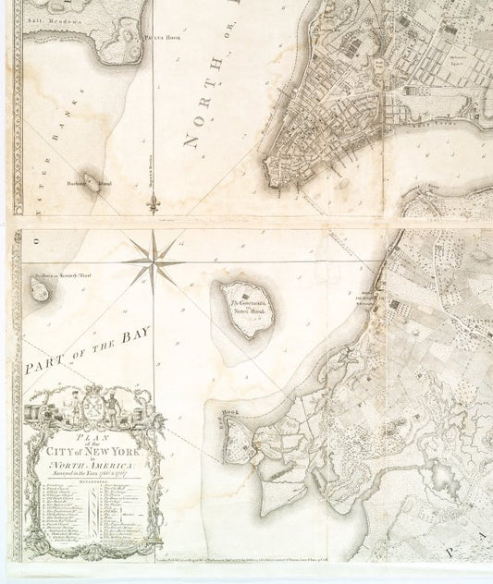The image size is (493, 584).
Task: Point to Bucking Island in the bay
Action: point(92,180)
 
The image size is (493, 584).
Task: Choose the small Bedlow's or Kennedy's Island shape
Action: point(40,290)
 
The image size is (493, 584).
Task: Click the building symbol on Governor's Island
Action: point(242,294)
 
